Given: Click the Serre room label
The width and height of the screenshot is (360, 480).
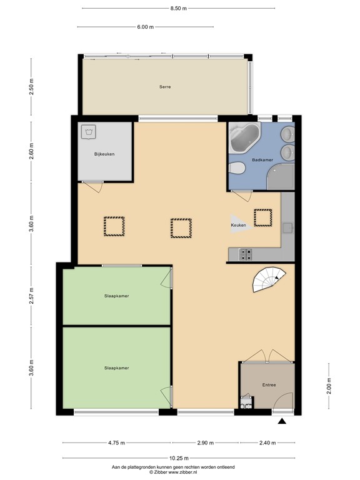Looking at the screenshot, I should (165, 87).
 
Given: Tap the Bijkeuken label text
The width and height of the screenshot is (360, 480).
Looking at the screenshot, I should (104, 154).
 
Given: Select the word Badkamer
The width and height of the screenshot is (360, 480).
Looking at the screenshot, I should (262, 160).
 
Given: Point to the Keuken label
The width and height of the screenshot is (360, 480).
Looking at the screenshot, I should (239, 224).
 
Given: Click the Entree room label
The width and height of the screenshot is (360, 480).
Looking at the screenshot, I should (269, 385).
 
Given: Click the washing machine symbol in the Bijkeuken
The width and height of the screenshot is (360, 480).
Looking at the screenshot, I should (89, 132).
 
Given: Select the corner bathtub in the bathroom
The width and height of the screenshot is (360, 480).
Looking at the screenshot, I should (246, 139).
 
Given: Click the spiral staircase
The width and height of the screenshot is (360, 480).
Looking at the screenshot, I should (269, 279).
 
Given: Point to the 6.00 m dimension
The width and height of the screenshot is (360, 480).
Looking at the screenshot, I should (145, 27).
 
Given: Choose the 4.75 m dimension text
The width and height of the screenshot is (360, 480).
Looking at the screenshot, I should (116, 443).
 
